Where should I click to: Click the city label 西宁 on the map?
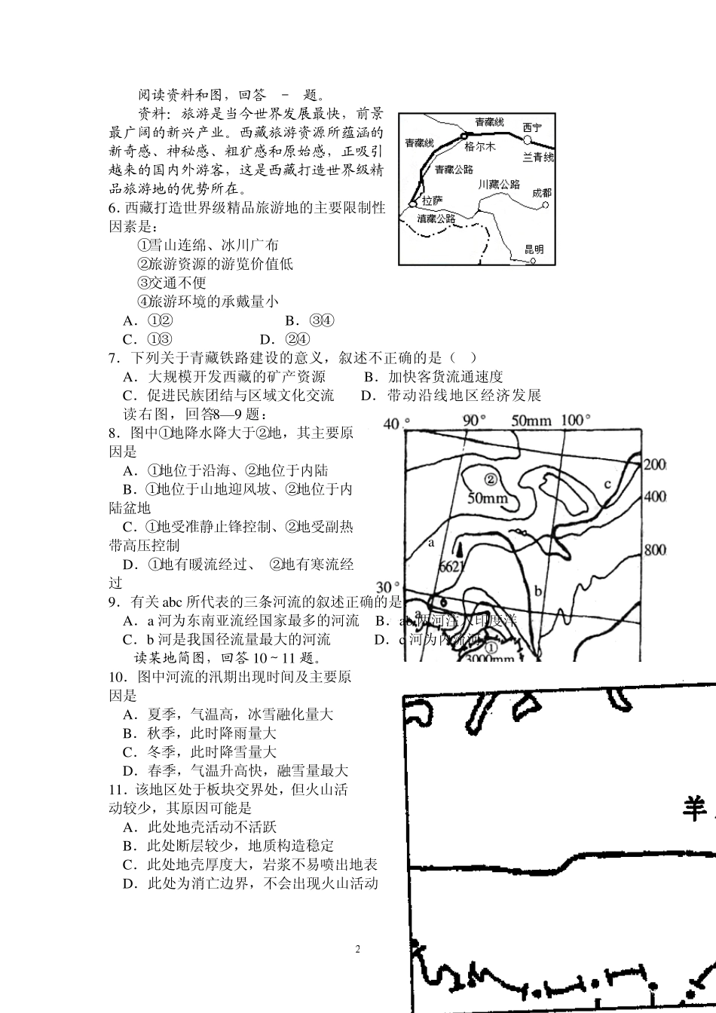[532, 128]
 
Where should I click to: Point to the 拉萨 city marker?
[413, 204]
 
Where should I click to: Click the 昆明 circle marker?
[532, 261]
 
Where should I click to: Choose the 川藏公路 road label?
[499, 184]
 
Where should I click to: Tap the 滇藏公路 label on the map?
[436, 218]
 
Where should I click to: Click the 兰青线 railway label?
[538, 158]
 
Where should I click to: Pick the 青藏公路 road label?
[454, 170]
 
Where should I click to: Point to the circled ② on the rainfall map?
[491, 479]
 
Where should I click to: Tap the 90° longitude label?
[475, 421]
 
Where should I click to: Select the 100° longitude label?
[577, 421]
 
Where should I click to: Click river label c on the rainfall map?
[607, 484]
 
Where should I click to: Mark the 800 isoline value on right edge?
[655, 549]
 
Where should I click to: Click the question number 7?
[115, 357]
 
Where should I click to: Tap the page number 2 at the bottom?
[358, 949]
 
